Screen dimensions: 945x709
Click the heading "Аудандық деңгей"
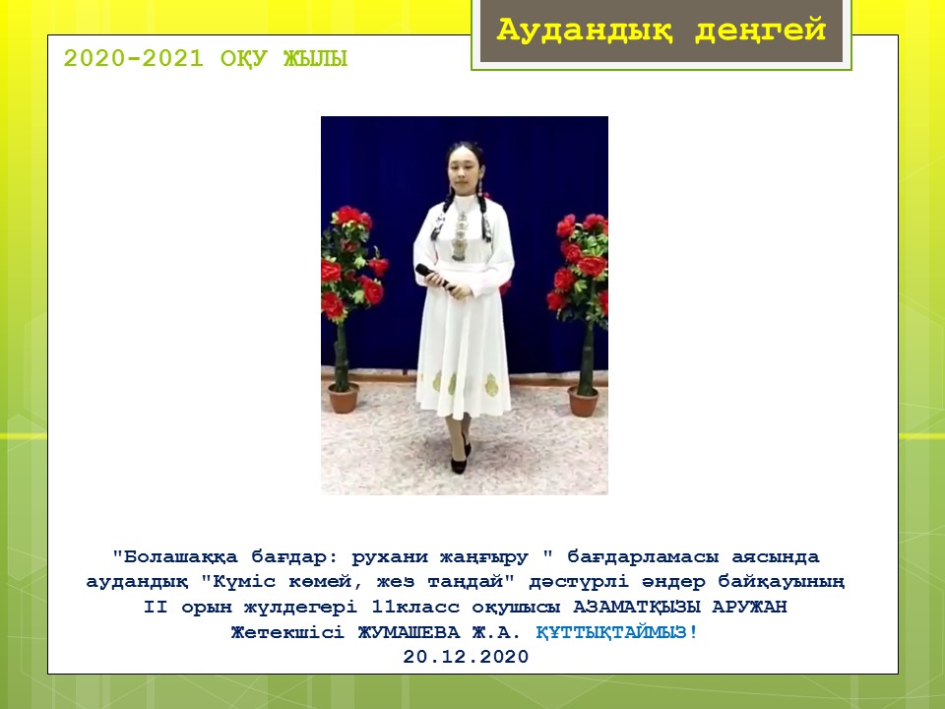(661, 31)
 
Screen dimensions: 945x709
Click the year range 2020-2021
(134, 59)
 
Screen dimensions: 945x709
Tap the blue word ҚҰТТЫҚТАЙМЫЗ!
(616, 632)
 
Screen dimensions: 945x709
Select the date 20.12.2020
(466, 657)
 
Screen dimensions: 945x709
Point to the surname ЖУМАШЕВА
(409, 632)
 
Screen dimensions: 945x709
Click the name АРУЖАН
(749, 606)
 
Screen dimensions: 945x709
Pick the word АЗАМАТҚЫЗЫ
(637, 607)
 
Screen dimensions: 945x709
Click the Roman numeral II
(156, 607)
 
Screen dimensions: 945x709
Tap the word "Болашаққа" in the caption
(175, 556)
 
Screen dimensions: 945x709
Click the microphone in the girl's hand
(434, 277)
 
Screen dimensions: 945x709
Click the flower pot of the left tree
(344, 398)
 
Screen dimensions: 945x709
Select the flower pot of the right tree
(583, 402)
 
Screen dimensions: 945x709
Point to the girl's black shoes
(461, 456)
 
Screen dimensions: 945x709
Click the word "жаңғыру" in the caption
(484, 557)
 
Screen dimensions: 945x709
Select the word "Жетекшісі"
(287, 632)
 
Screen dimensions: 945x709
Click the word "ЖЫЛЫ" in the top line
(315, 59)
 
